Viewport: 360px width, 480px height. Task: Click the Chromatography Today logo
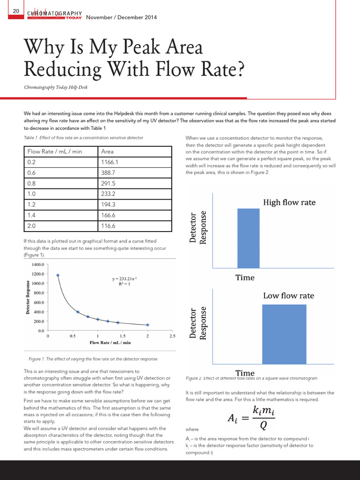(x=55, y=15)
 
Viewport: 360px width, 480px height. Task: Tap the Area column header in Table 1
(x=107, y=151)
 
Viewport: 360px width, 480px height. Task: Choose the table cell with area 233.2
(x=109, y=193)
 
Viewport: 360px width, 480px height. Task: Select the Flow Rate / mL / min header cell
(x=55, y=151)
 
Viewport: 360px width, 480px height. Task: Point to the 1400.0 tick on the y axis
(x=37, y=264)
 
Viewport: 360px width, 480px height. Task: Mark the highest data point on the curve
(x=58, y=276)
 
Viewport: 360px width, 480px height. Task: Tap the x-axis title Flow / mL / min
(x=110, y=343)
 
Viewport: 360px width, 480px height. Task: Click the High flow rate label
(x=289, y=202)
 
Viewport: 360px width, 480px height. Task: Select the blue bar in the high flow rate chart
(x=248, y=238)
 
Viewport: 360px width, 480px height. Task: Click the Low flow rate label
(x=288, y=296)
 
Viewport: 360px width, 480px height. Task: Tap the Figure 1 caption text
(x=93, y=359)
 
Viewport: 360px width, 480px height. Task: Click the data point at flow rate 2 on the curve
(x=148, y=325)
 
